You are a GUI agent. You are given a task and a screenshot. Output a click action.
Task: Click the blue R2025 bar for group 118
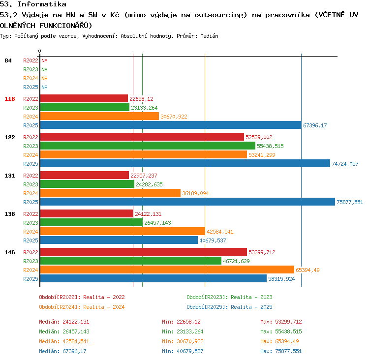click(x=171, y=125)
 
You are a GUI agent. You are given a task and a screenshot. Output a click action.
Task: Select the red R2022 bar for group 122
click(x=142, y=137)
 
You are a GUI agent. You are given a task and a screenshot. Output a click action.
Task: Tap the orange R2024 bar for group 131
click(x=110, y=193)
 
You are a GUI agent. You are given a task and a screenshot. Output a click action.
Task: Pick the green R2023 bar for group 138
click(x=92, y=222)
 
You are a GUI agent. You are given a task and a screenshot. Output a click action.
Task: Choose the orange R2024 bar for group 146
click(x=167, y=270)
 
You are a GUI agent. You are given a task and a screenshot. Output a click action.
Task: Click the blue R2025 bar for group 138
click(x=119, y=240)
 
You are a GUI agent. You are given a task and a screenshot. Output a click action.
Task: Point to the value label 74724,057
click(x=345, y=164)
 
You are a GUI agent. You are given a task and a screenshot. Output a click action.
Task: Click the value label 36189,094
click(x=195, y=193)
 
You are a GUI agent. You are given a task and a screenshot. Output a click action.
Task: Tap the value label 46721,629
click(x=236, y=261)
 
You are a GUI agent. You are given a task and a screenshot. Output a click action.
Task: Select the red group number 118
click(x=10, y=99)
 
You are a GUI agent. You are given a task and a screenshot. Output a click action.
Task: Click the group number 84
click(x=8, y=60)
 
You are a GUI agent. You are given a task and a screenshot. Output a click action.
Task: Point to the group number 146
click(x=10, y=252)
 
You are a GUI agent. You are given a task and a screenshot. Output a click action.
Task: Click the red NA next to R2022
click(x=44, y=60)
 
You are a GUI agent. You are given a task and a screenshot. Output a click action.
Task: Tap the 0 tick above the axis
click(x=39, y=51)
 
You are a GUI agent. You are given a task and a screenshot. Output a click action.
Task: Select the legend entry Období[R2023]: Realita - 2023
click(x=229, y=297)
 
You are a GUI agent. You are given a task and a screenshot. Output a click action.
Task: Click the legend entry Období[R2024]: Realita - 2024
click(x=82, y=307)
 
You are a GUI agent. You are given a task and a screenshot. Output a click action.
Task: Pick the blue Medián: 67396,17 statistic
click(x=63, y=351)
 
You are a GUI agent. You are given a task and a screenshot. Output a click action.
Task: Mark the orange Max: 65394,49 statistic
click(x=281, y=341)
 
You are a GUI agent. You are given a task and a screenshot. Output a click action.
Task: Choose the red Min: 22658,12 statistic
click(x=181, y=322)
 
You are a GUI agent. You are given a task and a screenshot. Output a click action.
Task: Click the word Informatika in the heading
click(x=42, y=4)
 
